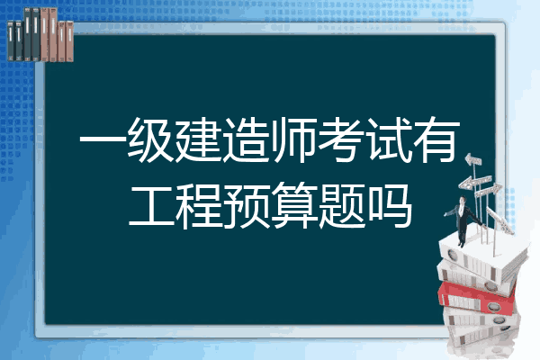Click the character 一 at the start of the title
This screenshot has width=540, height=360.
101,140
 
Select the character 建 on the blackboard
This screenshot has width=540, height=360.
197,140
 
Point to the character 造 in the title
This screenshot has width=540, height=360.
245,140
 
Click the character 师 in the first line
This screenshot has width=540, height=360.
292,140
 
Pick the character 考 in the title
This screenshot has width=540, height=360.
340,140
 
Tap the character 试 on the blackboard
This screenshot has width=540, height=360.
388,140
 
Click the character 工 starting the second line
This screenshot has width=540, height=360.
151,206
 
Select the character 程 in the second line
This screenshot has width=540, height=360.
198,206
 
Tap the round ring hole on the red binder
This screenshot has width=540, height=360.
494,307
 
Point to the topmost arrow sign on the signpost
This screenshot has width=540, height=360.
473,159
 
